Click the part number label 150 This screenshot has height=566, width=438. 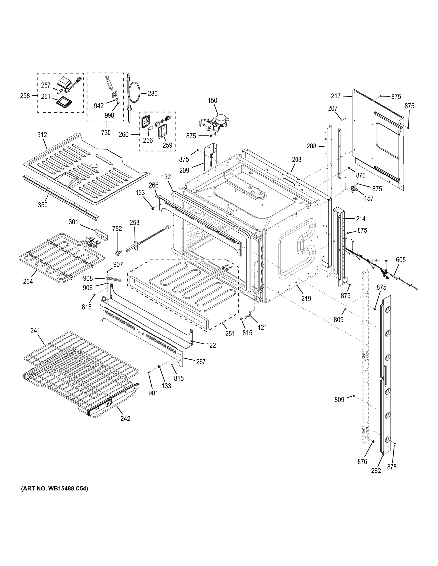click(212, 100)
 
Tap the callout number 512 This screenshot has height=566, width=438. click(42, 135)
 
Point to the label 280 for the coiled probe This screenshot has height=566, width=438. click(152, 94)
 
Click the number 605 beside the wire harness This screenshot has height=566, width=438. click(401, 260)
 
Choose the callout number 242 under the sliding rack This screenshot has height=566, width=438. click(125, 418)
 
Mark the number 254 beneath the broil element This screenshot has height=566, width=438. click(28, 281)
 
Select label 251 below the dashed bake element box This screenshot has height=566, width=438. click(230, 333)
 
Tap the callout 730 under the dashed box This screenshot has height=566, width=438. click(106, 133)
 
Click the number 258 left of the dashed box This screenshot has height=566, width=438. click(25, 96)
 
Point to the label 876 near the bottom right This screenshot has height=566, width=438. click(362, 462)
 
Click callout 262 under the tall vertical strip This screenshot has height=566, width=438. click(376, 471)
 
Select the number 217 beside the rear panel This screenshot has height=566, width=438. click(336, 96)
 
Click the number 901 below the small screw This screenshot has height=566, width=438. click(153, 393)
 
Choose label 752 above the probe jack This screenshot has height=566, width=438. click(117, 229)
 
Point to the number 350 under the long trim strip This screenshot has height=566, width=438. click(43, 205)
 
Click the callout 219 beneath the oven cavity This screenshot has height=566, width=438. click(306, 299)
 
